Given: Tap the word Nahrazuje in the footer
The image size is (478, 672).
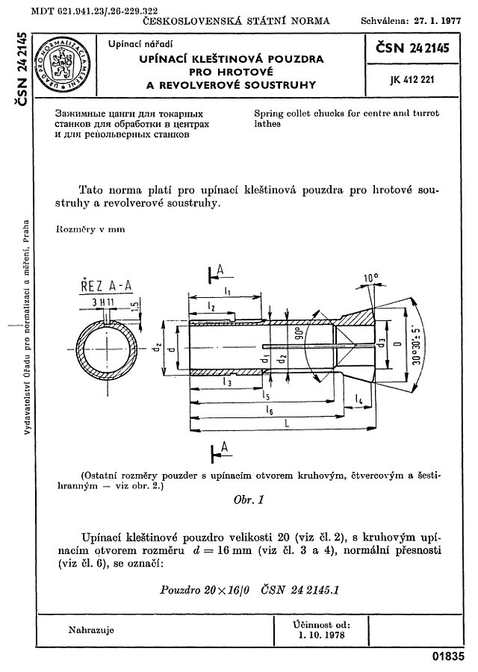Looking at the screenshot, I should [x=91, y=629].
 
